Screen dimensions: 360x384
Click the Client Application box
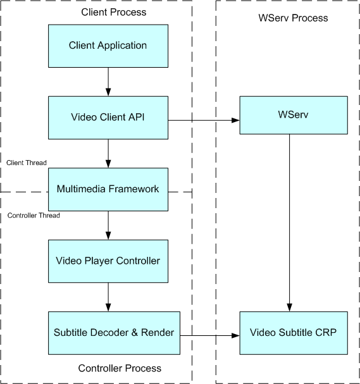pyautogui.click(x=108, y=46)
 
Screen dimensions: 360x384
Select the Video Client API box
pyautogui.click(x=108, y=118)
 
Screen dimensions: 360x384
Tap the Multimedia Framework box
pyautogui.click(x=108, y=189)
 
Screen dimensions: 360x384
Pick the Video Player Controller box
pyautogui.click(x=108, y=261)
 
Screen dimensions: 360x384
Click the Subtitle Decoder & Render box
pyautogui.click(x=114, y=333)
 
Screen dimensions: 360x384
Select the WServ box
pyautogui.click(x=294, y=115)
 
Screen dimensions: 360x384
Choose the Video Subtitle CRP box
pyautogui.click(x=294, y=333)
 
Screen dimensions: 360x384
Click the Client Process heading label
pyautogui.click(x=114, y=12)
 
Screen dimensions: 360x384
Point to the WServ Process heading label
pyautogui.click(x=293, y=18)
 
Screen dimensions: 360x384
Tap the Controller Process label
pyautogui.click(x=120, y=368)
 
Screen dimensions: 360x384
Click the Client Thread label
pyautogui.click(x=27, y=163)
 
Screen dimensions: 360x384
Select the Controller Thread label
pyautogui.click(x=34, y=216)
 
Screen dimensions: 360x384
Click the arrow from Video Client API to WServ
pyautogui.click(x=204, y=120)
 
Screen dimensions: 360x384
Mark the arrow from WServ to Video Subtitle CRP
pyautogui.click(x=290, y=223)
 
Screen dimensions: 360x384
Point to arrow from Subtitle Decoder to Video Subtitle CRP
pyautogui.click(x=210, y=335)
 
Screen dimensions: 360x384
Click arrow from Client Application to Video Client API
pyautogui.click(x=108, y=82)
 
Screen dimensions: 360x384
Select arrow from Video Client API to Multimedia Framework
pyautogui.click(x=108, y=154)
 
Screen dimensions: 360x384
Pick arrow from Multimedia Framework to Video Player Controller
pyautogui.click(x=108, y=225)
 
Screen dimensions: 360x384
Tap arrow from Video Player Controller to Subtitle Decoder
pyautogui.click(x=108, y=297)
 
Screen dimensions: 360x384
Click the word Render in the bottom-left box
pyautogui.click(x=158, y=333)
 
